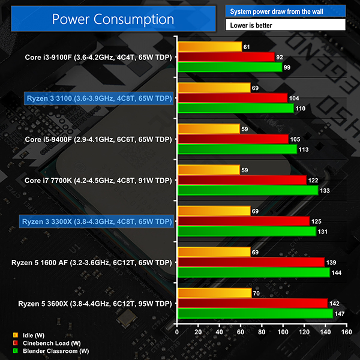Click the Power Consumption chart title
113,19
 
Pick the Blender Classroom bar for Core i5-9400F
237,149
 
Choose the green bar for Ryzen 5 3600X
254,313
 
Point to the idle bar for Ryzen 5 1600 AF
213,252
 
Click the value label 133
326,190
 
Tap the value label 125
318,221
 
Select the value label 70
258,293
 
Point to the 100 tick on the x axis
282,332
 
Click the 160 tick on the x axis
346,332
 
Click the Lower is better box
285,26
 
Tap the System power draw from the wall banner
285,11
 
